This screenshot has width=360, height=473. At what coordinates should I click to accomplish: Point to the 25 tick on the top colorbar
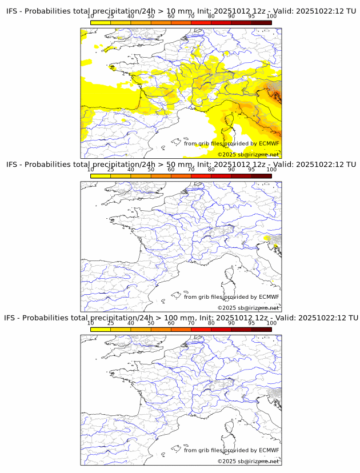pyautogui.click(x=111, y=17)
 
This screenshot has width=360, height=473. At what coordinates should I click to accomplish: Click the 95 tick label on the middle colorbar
pyautogui.click(x=251, y=170)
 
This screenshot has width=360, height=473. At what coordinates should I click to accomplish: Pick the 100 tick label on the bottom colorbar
pyautogui.click(x=271, y=323)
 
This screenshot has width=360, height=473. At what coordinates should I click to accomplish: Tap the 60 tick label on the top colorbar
pyautogui.click(x=171, y=17)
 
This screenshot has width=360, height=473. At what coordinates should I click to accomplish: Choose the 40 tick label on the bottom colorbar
pyautogui.click(x=131, y=323)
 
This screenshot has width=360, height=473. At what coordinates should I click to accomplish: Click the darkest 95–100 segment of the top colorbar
pyautogui.click(x=261, y=22)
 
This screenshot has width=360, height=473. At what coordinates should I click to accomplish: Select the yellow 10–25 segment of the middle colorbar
pyautogui.click(x=101, y=175)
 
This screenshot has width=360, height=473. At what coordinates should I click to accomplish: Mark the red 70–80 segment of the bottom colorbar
pyautogui.click(x=201, y=329)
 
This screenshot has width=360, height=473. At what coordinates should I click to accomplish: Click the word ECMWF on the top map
pyautogui.click(x=269, y=143)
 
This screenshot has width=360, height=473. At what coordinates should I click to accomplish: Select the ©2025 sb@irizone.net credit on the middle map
pyautogui.click(x=248, y=308)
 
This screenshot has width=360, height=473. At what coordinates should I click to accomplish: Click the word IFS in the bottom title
pyautogui.click(x=11, y=318)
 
